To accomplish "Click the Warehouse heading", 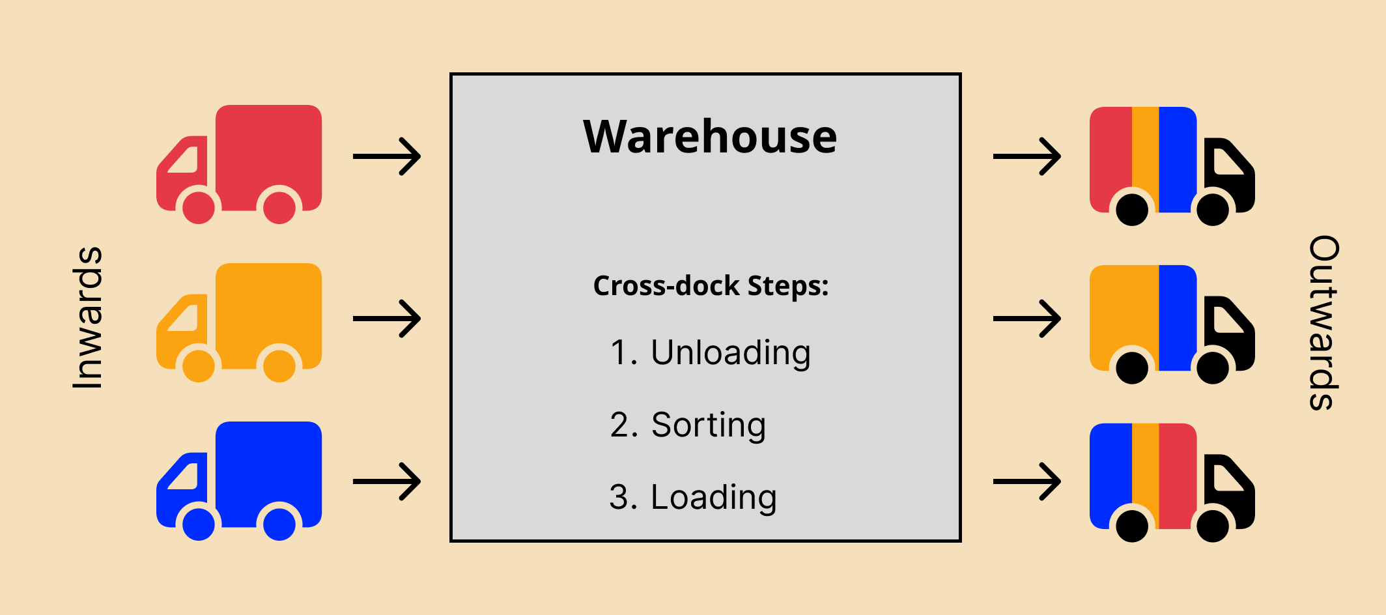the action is [710, 137].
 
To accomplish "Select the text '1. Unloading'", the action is [711, 353].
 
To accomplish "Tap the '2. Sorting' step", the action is [688, 425].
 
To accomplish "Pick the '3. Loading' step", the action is [693, 498].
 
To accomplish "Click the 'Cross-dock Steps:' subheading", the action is [711, 286].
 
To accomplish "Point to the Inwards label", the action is [88, 318].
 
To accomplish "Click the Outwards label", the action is [1324, 322].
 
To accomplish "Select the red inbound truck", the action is [239, 164].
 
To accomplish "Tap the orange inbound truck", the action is [239, 322].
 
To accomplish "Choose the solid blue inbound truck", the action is [239, 481].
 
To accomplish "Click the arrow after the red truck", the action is [387, 156].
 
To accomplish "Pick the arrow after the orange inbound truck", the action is [387, 319].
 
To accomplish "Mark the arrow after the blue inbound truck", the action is [387, 481].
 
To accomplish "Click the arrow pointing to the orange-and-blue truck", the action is [1027, 319].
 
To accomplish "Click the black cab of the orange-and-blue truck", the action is [1230, 334].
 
